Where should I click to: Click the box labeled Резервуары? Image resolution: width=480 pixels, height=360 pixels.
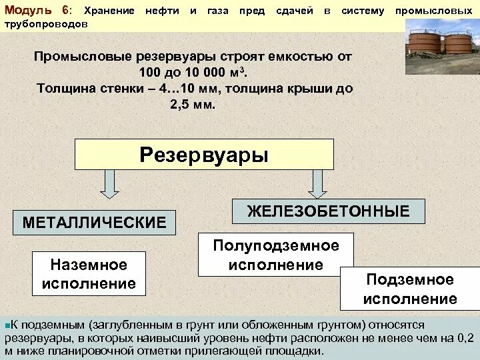[x=204, y=155]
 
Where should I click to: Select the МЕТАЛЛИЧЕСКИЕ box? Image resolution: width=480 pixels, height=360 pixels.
[x=95, y=223]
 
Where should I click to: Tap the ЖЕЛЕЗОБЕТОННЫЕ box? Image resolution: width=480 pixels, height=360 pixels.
[x=328, y=211]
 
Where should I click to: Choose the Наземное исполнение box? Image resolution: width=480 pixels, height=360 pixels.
[x=89, y=274]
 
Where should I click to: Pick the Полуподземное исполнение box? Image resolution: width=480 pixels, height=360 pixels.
[x=276, y=255]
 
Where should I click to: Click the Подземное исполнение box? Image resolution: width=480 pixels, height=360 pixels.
[x=409, y=289]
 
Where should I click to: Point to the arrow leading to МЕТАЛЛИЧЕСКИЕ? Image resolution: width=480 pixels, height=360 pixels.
[x=110, y=184]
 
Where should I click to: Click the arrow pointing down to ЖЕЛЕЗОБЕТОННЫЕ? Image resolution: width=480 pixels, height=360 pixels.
[x=317, y=184]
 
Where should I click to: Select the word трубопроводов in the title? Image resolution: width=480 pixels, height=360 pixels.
[x=45, y=23]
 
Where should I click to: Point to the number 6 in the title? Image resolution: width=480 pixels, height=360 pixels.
[x=65, y=11]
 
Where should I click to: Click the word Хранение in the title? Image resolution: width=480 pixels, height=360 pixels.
[x=109, y=11]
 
